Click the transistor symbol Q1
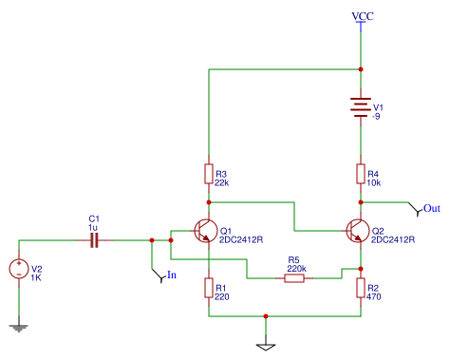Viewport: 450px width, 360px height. point(206,231)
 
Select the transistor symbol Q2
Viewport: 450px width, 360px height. point(358,231)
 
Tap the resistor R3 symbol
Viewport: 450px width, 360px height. point(209,174)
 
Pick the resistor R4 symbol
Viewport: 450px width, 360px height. point(361,174)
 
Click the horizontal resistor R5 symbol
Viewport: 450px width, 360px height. point(294,278)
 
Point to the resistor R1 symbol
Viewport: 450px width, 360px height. point(209,288)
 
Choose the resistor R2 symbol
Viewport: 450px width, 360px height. point(361,288)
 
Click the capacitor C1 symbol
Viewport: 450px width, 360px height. point(95,240)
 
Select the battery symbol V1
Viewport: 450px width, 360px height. point(361,107)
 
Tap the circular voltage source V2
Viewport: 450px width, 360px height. point(19,269)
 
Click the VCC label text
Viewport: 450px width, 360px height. point(363,16)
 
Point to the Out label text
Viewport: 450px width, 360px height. point(432,208)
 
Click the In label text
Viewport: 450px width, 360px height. point(172,275)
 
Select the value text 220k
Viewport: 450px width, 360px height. point(296,269)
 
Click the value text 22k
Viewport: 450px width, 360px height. point(221,183)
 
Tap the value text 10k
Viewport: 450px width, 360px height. point(374,183)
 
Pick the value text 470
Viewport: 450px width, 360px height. point(374,296)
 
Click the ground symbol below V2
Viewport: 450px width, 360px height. point(19,329)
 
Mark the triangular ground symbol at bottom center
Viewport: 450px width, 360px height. point(266,347)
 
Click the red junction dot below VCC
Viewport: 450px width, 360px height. point(361,69)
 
